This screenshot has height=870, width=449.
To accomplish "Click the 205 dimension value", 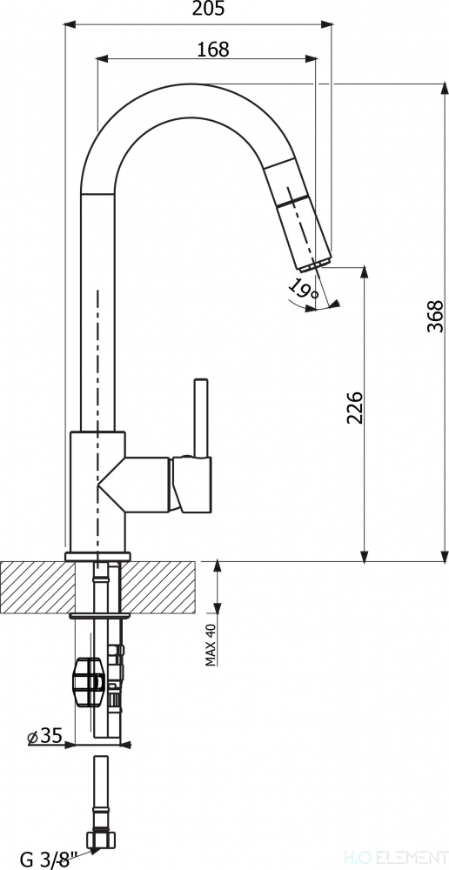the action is pyautogui.click(x=209, y=10).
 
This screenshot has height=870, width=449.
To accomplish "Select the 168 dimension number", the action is pyautogui.click(x=213, y=50).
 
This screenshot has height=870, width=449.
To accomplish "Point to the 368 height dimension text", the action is pyautogui.click(x=436, y=317).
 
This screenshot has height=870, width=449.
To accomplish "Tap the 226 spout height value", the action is pyautogui.click(x=355, y=408).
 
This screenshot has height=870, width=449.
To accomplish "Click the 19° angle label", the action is pyautogui.click(x=304, y=289).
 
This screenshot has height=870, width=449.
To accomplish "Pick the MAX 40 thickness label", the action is pyautogui.click(x=211, y=643).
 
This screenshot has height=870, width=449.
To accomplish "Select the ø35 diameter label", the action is pyautogui.click(x=44, y=736).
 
